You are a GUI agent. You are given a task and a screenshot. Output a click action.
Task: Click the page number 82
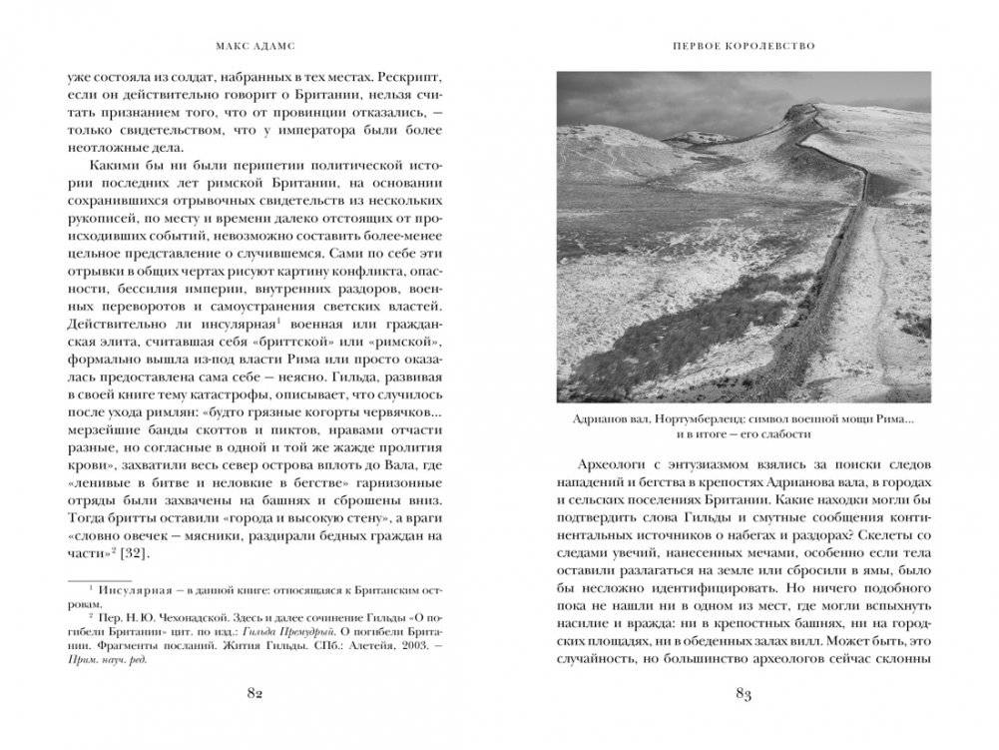click(x=254, y=696)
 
